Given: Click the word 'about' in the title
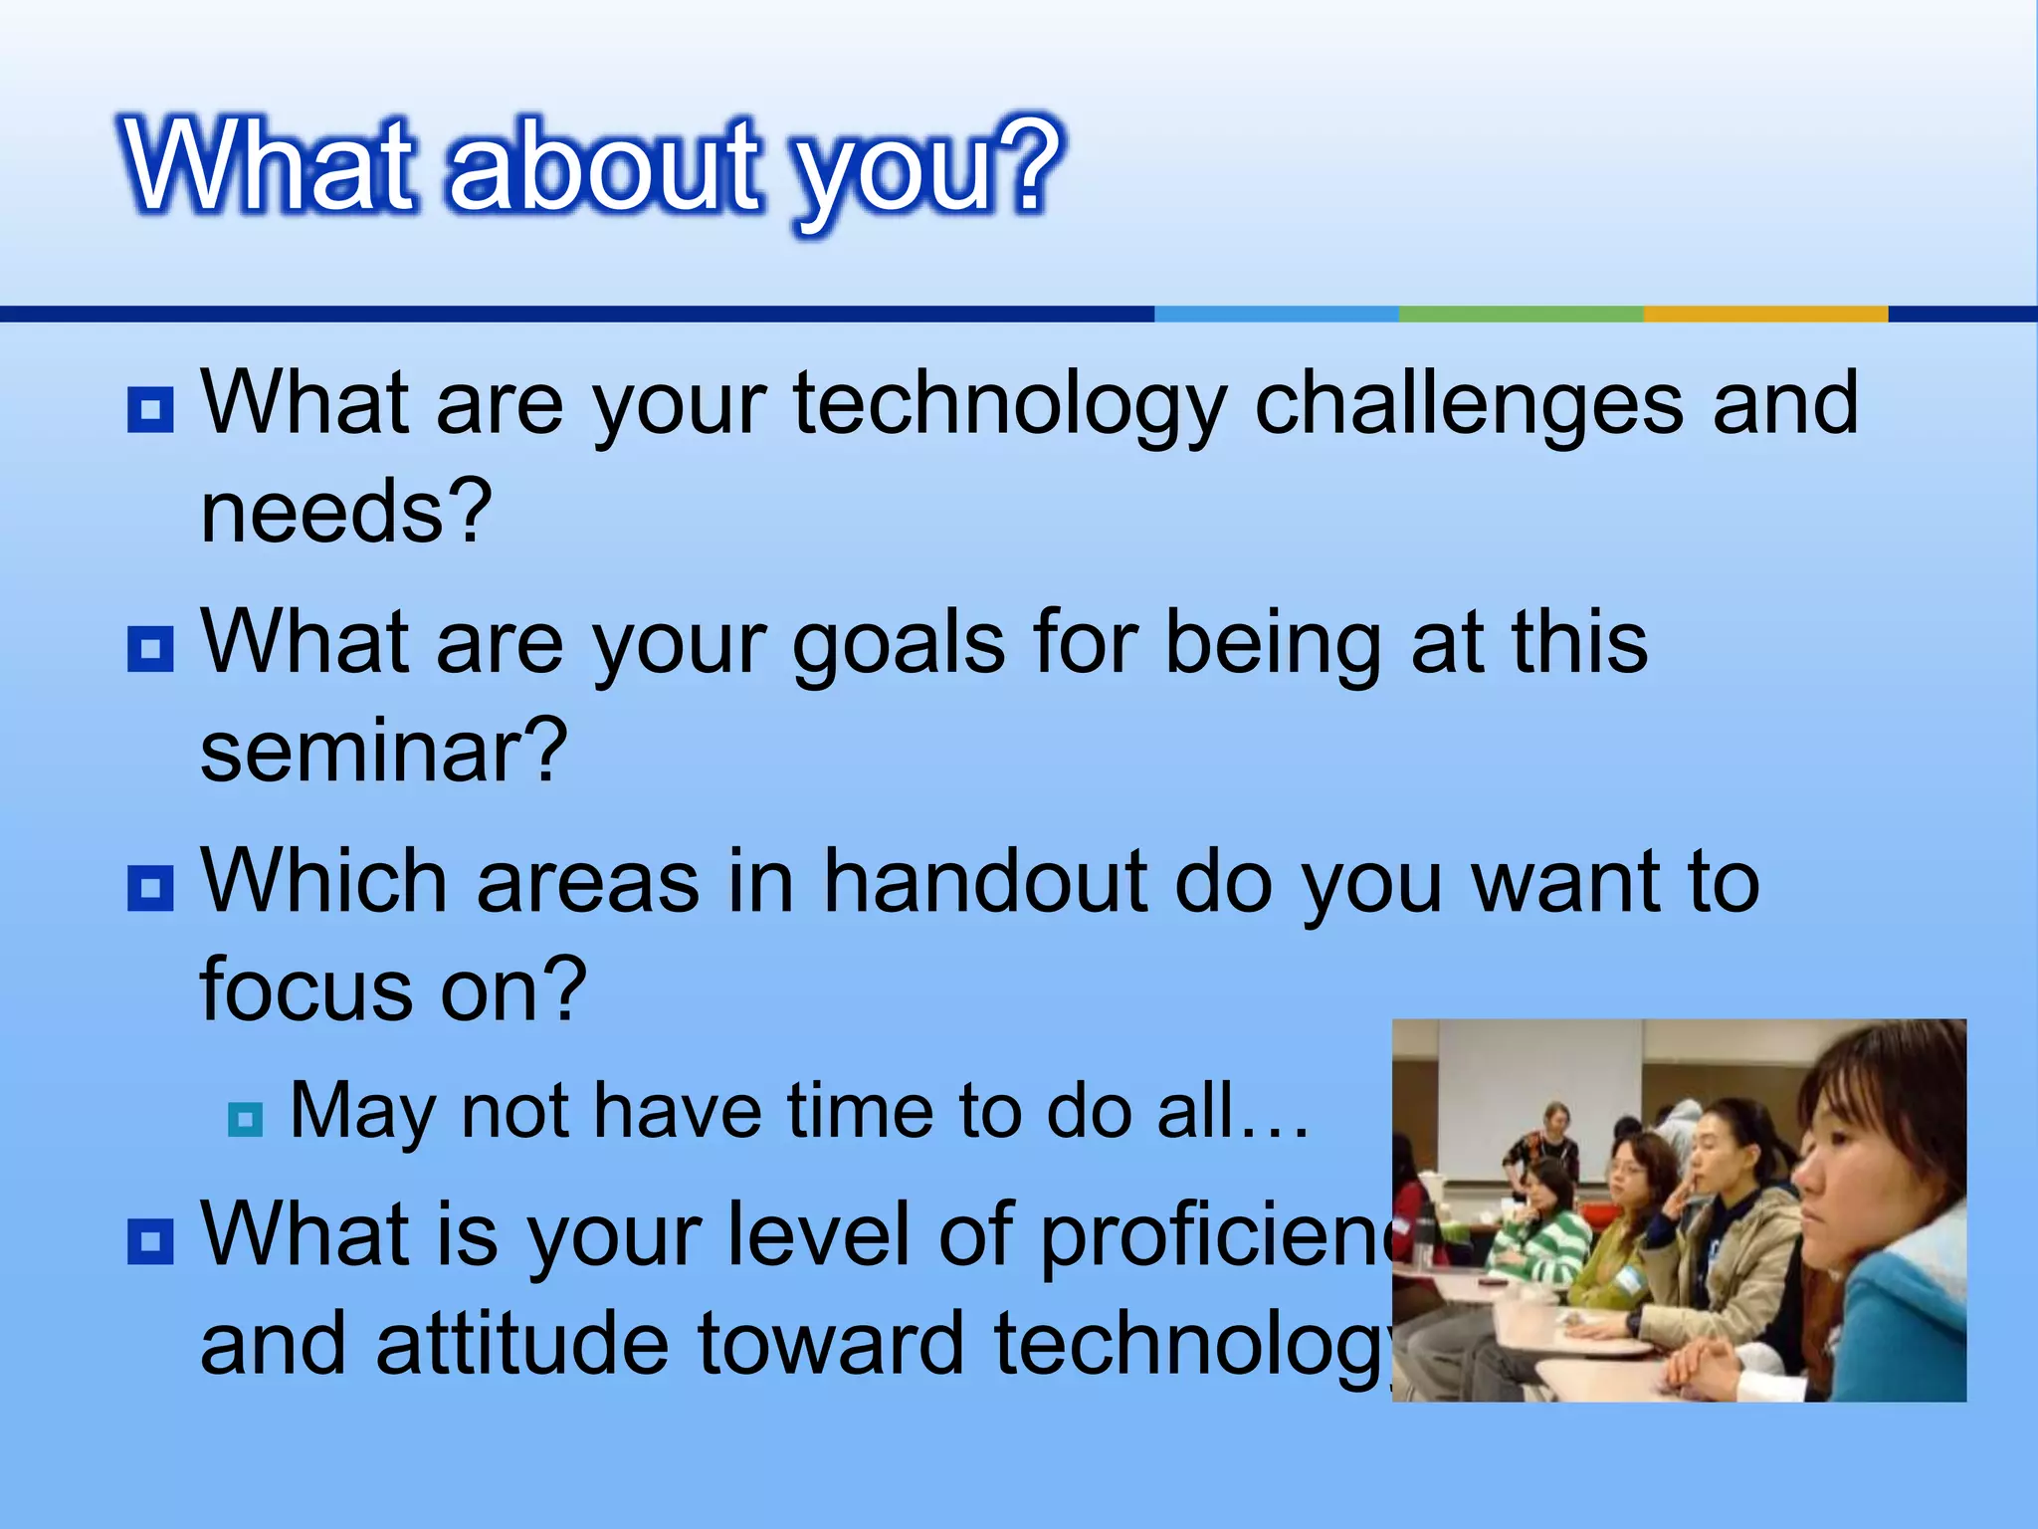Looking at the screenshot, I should [x=605, y=167].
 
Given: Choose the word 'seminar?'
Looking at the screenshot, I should [x=384, y=752].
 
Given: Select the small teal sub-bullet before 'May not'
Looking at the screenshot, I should [x=245, y=1120].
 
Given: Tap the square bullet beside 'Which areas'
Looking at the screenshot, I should [x=150, y=887].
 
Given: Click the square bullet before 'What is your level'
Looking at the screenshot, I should [x=150, y=1241].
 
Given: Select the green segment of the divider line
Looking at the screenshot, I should [x=1521, y=314].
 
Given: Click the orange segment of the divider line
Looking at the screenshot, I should [x=1764, y=314].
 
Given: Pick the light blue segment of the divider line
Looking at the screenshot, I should [x=1276, y=314].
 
